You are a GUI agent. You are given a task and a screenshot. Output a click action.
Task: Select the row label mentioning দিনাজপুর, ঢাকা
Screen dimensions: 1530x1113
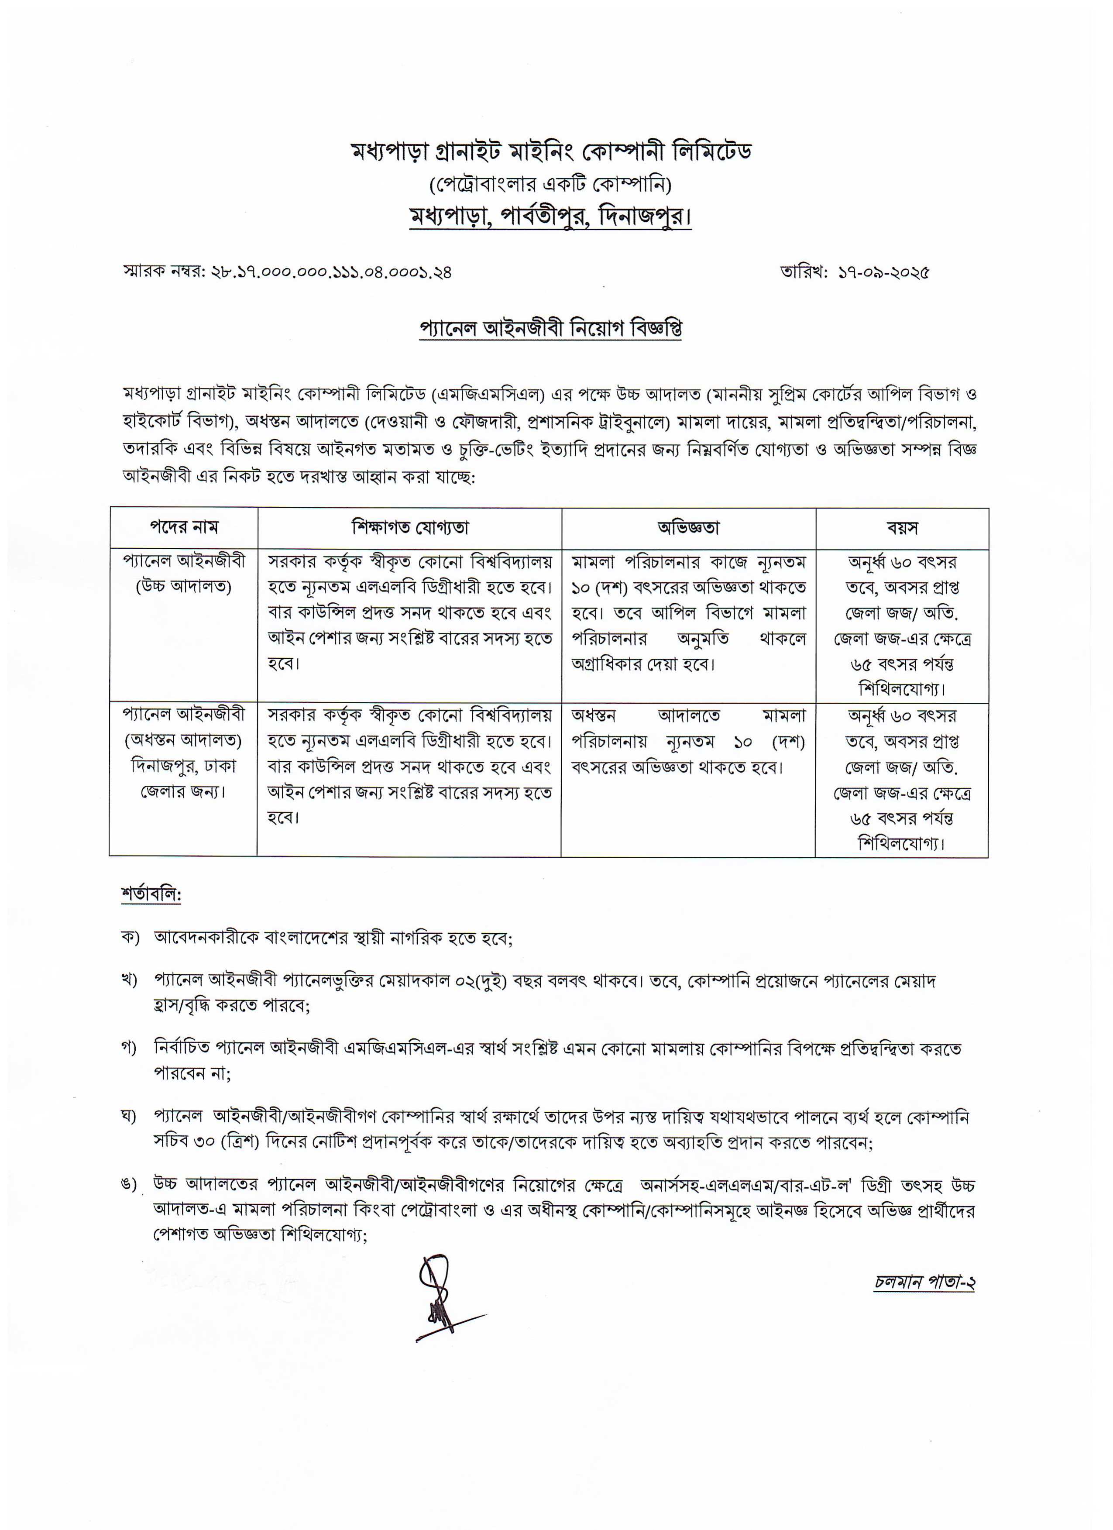pyautogui.click(x=183, y=767)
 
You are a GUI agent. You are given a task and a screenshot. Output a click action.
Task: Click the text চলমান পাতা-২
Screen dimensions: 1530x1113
pyautogui.click(x=924, y=1282)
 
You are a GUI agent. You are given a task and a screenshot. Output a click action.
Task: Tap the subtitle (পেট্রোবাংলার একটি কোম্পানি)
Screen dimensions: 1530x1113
pyautogui.click(x=550, y=185)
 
